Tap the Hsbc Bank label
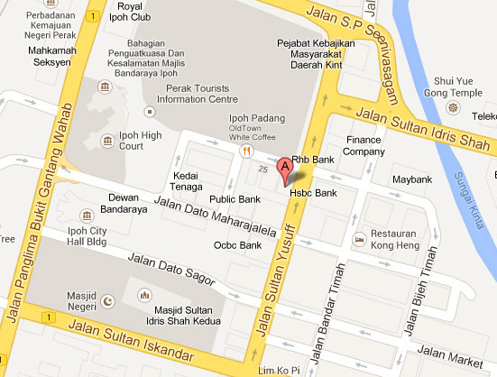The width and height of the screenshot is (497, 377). (x=313, y=193)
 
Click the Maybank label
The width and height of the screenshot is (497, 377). (x=413, y=179)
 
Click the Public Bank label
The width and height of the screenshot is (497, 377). (x=235, y=198)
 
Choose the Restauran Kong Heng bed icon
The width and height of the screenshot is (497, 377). (x=359, y=240)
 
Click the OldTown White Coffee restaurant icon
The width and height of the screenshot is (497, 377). (x=244, y=151)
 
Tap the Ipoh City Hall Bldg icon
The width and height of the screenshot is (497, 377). (x=87, y=216)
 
